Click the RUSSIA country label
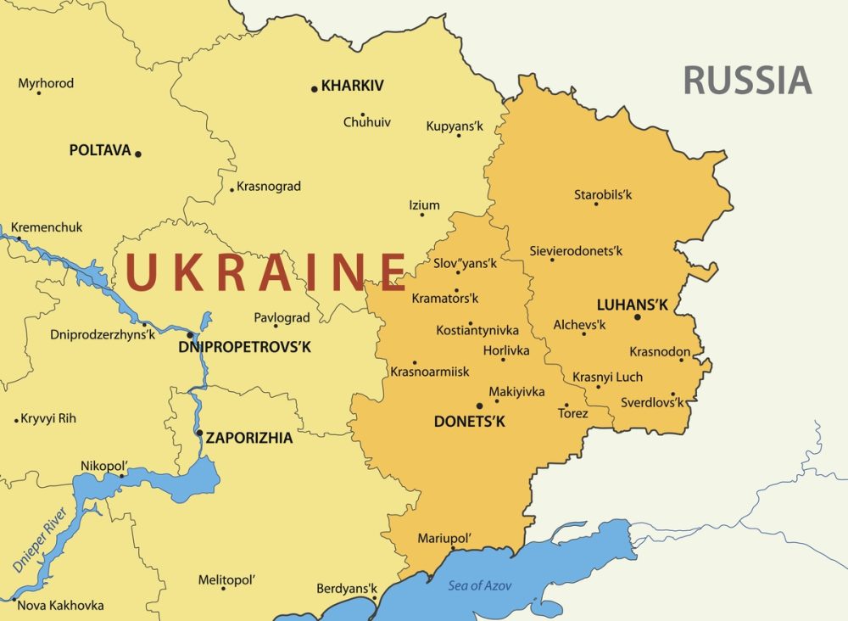click(x=747, y=80)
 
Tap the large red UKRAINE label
click(x=265, y=272)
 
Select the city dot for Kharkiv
click(x=315, y=88)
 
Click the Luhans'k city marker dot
click(x=638, y=317)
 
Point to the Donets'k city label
click(x=469, y=422)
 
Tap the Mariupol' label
click(x=444, y=539)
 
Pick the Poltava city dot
click(x=138, y=154)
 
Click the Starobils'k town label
click(x=603, y=195)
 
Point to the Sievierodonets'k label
click(x=576, y=251)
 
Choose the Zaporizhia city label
click(x=248, y=439)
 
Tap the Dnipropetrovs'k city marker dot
click(x=190, y=334)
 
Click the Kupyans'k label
click(x=455, y=126)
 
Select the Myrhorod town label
click(x=46, y=83)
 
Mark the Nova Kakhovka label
click(x=60, y=605)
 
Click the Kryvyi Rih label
click(x=48, y=418)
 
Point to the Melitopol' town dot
click(x=224, y=588)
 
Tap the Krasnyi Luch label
click(x=607, y=377)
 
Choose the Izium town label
click(x=424, y=205)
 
